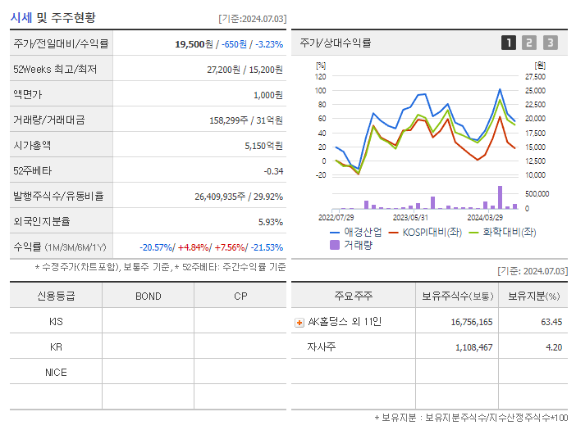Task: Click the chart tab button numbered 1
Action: [x=509, y=43]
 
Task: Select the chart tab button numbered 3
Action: [x=550, y=43]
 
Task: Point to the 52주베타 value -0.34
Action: [x=273, y=171]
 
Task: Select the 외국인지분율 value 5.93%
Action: [x=270, y=222]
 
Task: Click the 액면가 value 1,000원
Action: [x=267, y=95]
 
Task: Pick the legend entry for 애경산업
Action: [x=355, y=232]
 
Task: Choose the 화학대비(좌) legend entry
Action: [x=501, y=232]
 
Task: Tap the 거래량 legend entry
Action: [x=350, y=244]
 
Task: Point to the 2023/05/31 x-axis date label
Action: [x=410, y=218]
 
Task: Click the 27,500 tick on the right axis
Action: [x=535, y=77]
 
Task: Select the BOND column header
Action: [x=148, y=296]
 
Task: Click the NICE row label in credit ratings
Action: [x=56, y=373]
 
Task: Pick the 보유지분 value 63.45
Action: [x=551, y=322]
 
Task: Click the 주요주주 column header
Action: [x=353, y=296]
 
